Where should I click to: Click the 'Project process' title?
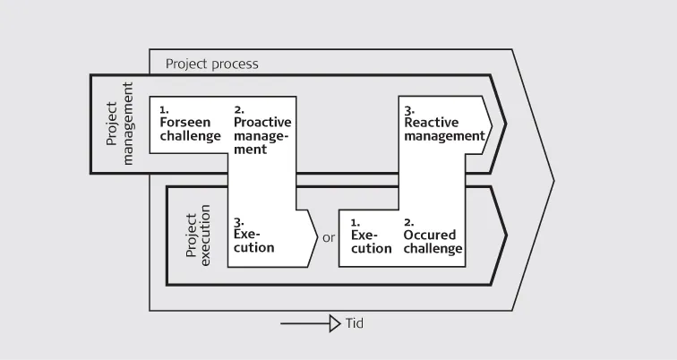coord(211,64)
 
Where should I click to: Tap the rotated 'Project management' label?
coord(119,123)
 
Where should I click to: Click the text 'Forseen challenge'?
coord(190,129)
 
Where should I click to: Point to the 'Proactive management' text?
coord(262,135)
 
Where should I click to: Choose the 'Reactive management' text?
coord(444,128)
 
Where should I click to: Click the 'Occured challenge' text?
coord(433,241)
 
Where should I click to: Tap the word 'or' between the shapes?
coord(329,237)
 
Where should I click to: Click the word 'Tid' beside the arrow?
coord(355,323)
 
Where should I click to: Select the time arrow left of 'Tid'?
coord(310,323)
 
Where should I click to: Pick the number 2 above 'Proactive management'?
coord(237,109)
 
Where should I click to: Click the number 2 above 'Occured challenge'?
coord(408,221)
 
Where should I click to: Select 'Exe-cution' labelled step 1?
coord(371,241)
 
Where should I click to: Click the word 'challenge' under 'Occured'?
coord(433,248)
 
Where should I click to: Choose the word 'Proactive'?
coord(262,122)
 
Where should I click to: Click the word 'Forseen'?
coord(184,122)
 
